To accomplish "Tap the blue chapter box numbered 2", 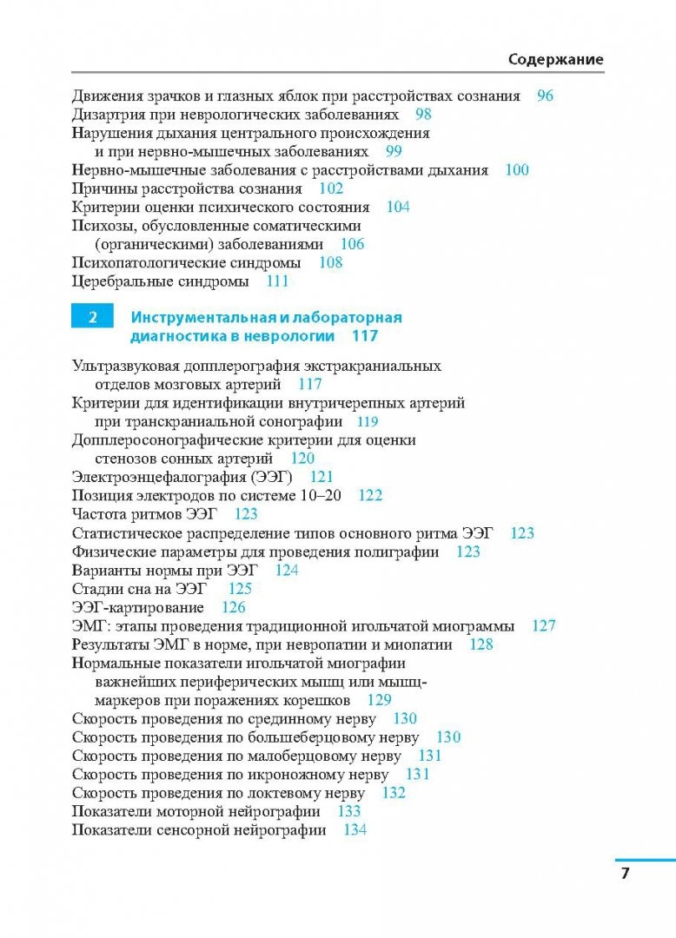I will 91,318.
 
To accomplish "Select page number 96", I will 545,96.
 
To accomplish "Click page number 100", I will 517,170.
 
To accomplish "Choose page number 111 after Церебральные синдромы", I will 277,281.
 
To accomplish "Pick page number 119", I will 368,422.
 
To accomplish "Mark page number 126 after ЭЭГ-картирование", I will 234,607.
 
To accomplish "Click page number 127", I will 544,625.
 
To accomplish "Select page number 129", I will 380,700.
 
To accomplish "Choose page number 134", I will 355,829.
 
